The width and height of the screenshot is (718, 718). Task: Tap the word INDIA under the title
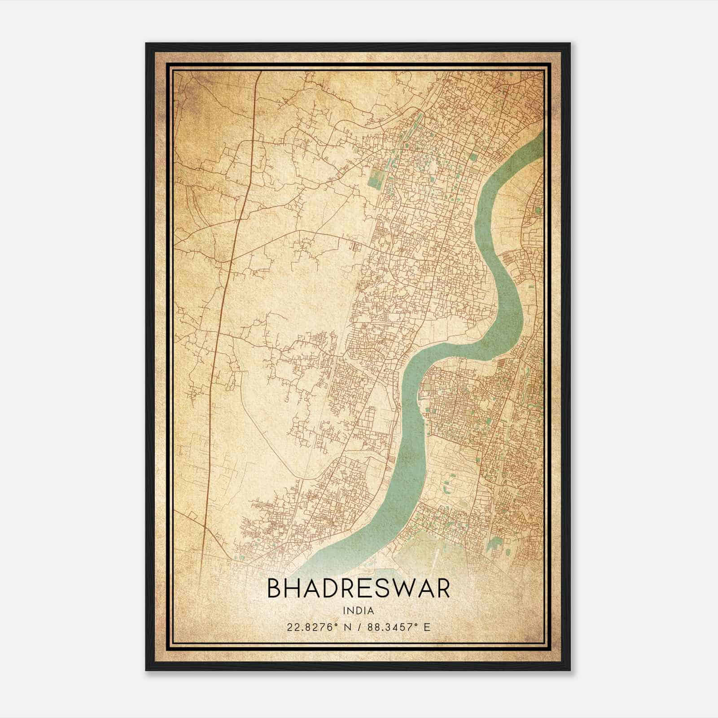pos(358,611)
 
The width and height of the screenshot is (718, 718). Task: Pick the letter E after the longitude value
pos(427,627)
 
